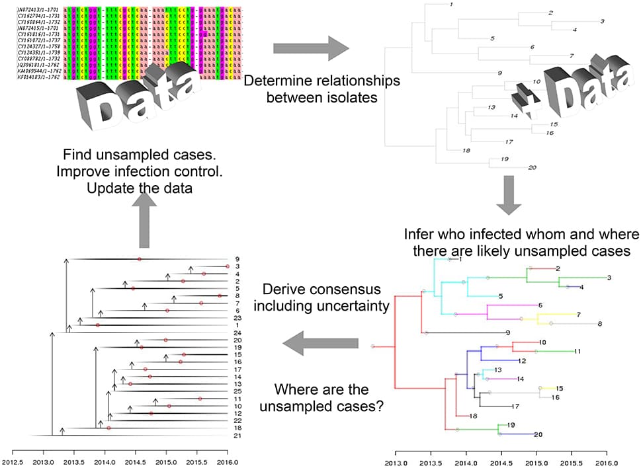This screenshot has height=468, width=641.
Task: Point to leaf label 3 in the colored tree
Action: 609,278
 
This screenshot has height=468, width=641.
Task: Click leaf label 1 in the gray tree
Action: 450,5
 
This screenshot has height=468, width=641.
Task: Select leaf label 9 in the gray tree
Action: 500,73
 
